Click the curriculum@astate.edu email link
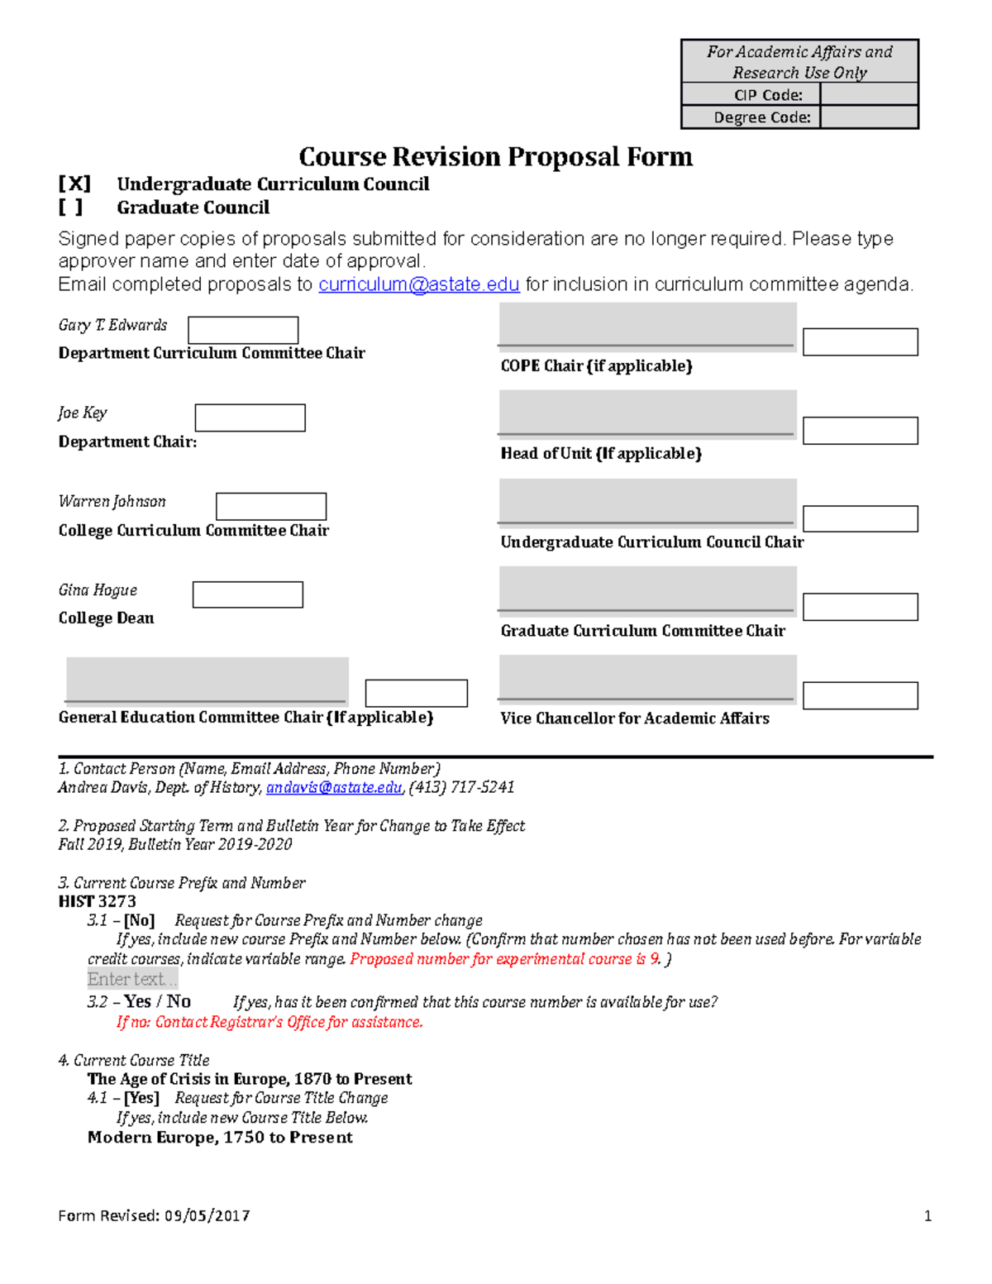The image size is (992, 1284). [x=418, y=284]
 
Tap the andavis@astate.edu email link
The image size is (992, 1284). [x=334, y=788]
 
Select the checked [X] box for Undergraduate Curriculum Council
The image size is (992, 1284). [x=74, y=184]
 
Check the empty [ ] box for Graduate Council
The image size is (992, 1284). [x=71, y=208]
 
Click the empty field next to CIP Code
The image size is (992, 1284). [x=869, y=94]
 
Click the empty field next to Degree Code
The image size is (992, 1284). [x=869, y=117]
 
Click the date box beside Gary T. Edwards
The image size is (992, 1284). [x=243, y=330]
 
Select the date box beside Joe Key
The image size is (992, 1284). [x=250, y=418]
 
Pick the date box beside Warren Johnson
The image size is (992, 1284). [x=271, y=506]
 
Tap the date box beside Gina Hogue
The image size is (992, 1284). [x=247, y=594]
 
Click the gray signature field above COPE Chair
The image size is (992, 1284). [x=647, y=323]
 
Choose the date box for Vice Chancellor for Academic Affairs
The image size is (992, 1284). [x=860, y=695]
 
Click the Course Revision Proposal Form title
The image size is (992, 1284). [x=495, y=156]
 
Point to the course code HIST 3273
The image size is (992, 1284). [x=98, y=901]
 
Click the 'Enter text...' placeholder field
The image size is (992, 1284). [x=132, y=980]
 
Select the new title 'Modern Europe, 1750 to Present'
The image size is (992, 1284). [x=220, y=1138]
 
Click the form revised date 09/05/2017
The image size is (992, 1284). [x=207, y=1215]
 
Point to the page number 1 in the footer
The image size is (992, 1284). [x=928, y=1215]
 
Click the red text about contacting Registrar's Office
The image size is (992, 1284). [x=269, y=1023]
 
